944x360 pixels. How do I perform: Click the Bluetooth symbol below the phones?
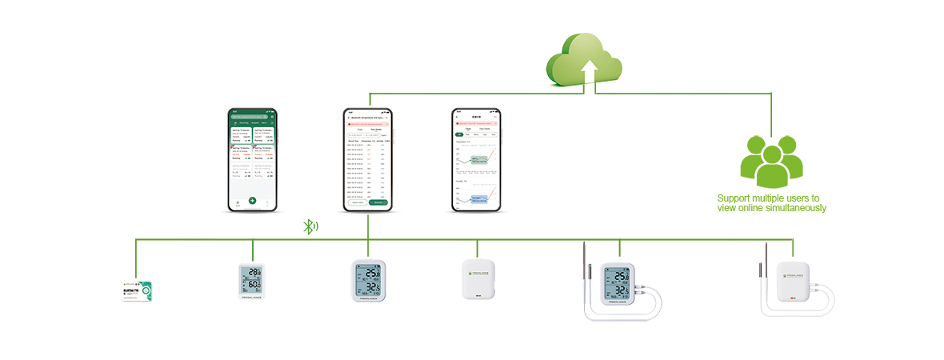pos(309,226)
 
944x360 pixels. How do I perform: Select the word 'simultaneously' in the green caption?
pos(797,208)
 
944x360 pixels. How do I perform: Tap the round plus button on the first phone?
pos(252,200)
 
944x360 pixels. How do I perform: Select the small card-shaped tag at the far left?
pos(137,290)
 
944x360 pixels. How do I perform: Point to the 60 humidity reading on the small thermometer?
pos(254,286)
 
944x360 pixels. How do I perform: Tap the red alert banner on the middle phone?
pos(367,124)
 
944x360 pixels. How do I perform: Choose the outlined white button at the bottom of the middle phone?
pos(357,203)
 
